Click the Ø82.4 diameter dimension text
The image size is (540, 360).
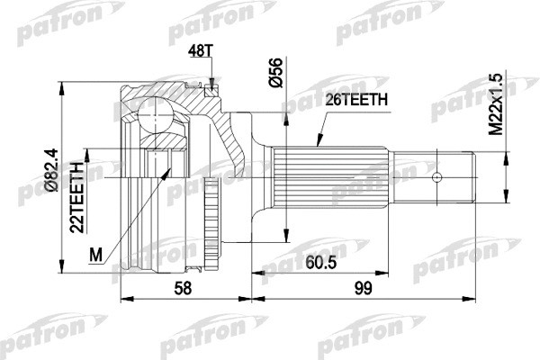point(52,172)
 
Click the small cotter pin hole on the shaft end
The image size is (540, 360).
point(438,175)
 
